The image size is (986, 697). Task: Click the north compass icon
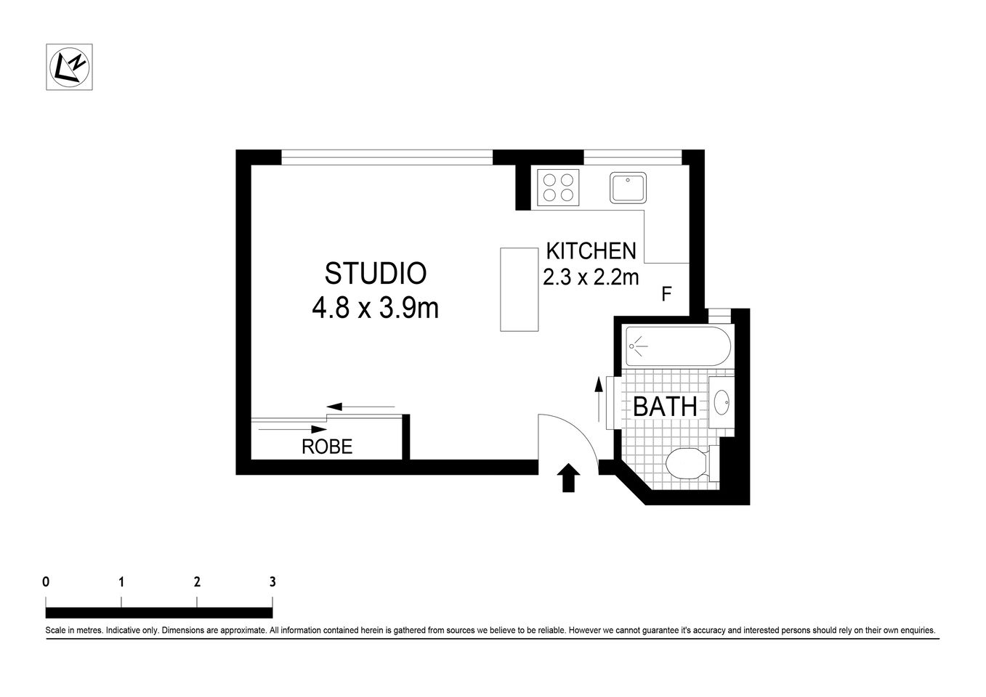69,67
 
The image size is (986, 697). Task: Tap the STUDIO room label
375,274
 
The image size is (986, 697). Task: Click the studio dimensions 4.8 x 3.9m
375,309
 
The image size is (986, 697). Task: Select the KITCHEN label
591,251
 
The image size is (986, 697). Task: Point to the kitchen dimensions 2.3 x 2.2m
591,277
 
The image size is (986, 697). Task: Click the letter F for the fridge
666,294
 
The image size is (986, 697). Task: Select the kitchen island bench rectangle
519,289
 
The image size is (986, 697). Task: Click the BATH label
665,407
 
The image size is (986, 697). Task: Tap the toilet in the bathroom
687,463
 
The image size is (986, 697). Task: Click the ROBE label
327,447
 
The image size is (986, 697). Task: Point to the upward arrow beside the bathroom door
598,400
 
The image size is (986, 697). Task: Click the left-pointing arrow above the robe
360,407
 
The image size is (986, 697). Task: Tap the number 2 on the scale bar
197,582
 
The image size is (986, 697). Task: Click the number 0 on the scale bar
46,582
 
